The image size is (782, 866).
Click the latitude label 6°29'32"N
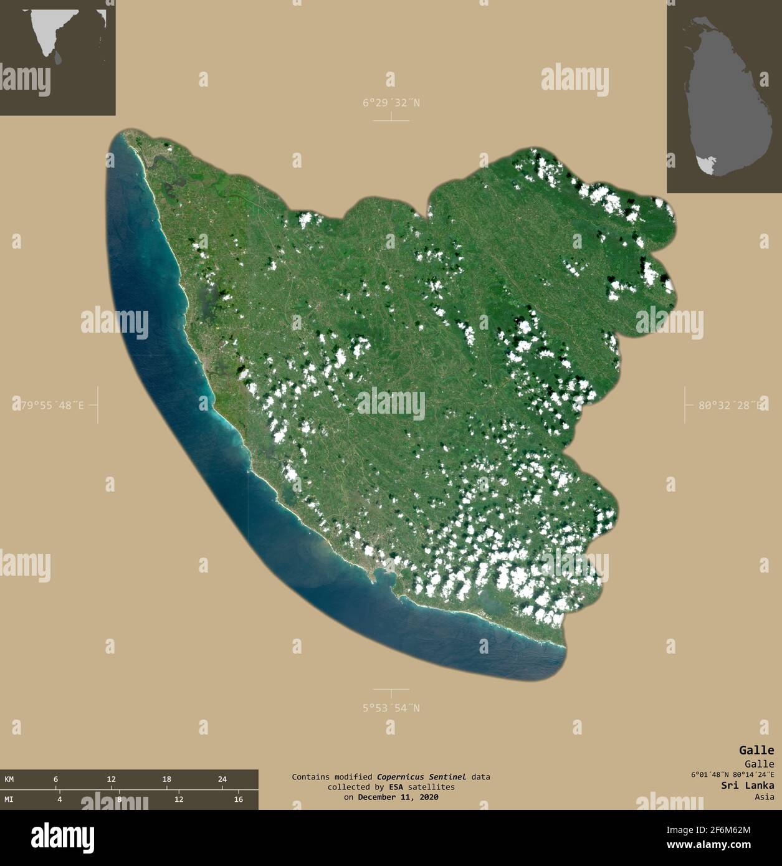tap(391, 103)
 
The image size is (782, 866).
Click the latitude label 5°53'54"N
tap(391, 708)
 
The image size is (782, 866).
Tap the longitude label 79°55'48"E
tap(49, 405)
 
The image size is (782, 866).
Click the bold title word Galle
tap(756, 750)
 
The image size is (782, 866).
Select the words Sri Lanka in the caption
tap(748, 786)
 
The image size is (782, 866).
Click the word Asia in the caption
tap(764, 797)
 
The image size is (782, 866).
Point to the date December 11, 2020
tap(398, 797)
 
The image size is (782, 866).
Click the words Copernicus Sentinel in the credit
tap(421, 777)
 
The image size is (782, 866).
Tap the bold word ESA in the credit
tap(396, 787)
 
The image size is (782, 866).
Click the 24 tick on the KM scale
tap(222, 779)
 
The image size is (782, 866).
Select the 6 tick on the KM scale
tap(55, 779)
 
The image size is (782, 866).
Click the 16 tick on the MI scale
tap(238, 799)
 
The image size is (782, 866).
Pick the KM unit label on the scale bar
tap(9, 779)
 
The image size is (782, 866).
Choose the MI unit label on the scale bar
tap(9, 799)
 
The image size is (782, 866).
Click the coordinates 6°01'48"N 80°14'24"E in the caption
tap(732, 775)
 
